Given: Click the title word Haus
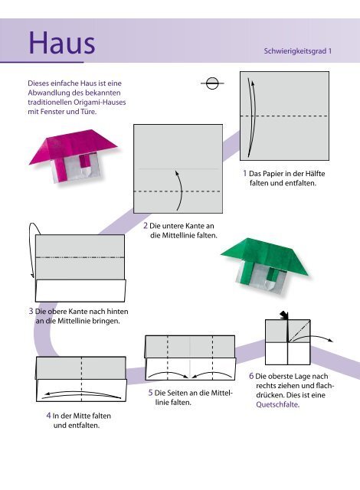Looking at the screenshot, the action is (x=62, y=43).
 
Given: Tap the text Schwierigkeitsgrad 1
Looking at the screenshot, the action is (x=297, y=51).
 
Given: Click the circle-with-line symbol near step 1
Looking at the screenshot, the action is (x=212, y=83).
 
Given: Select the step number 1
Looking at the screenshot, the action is (x=245, y=173).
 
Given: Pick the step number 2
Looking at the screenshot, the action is (x=146, y=226).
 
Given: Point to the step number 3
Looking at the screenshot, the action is (x=31, y=312).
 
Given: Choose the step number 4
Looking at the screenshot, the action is (x=48, y=416).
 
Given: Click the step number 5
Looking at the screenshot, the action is (x=150, y=393).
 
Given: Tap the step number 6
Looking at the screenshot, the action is (x=251, y=376).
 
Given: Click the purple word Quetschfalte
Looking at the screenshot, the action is (x=277, y=404).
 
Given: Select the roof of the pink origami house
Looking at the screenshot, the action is (x=73, y=145).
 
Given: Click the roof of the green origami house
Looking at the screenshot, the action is (x=264, y=254).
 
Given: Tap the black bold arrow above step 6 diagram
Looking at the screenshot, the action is (x=284, y=315).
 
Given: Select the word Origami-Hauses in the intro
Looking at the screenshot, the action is (x=100, y=102).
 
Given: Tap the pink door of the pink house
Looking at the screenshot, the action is (x=84, y=162).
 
